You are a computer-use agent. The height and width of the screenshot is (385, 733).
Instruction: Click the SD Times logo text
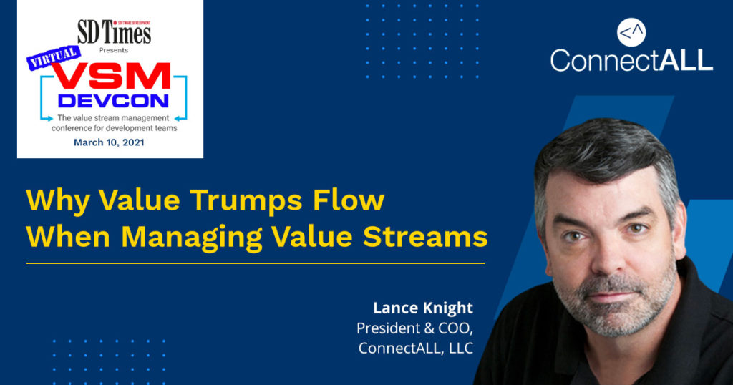pyautogui.click(x=114, y=33)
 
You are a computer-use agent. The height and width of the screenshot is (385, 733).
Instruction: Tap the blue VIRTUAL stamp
pyautogui.click(x=53, y=58)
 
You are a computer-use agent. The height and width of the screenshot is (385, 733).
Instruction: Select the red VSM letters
pyautogui.click(x=111, y=76)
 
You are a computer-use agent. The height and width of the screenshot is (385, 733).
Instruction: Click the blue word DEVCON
pyautogui.click(x=113, y=101)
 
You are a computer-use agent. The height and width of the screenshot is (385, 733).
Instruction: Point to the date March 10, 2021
pyautogui.click(x=109, y=142)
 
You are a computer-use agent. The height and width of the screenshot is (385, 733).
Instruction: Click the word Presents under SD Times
pyautogui.click(x=114, y=50)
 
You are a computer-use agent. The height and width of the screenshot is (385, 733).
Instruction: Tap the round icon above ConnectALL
pyautogui.click(x=631, y=32)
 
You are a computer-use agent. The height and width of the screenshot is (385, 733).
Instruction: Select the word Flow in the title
pyautogui.click(x=349, y=200)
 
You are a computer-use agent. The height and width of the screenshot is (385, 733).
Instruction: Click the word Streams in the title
pyautogui.click(x=425, y=237)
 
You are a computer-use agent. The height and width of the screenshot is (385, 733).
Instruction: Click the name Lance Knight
pyautogui.click(x=423, y=308)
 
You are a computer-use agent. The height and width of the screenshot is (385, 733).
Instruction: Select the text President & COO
pyautogui.click(x=414, y=328)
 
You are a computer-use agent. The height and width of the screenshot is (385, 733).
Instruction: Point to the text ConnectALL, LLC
pyautogui.click(x=416, y=348)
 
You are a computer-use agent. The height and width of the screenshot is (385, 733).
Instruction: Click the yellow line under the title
pyautogui.click(x=256, y=263)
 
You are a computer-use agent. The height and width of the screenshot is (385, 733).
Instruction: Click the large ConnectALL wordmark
pyautogui.click(x=631, y=60)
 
